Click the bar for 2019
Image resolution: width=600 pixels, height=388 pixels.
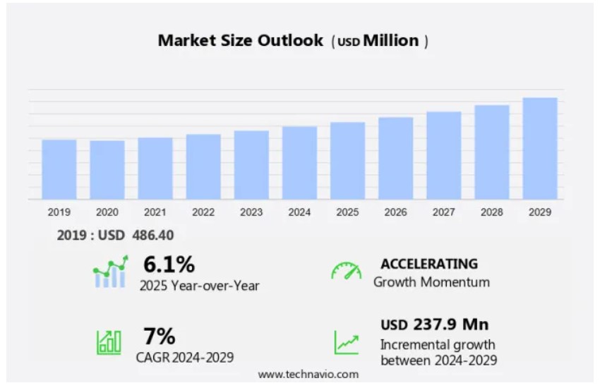click(59, 169)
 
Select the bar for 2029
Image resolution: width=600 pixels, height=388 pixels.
click(540, 148)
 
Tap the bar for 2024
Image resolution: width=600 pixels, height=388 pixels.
click(299, 162)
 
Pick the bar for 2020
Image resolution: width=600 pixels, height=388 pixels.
click(107, 170)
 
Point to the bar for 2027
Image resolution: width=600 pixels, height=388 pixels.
click(444, 155)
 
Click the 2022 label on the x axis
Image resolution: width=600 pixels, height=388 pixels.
click(203, 212)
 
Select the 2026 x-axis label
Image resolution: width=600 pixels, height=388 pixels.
click(395, 212)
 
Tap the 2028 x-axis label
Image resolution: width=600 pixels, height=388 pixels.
click(492, 212)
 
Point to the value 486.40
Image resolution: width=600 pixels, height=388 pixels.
click(153, 236)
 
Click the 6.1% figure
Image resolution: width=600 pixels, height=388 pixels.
click(169, 265)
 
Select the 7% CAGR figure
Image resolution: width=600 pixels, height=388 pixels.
click(159, 336)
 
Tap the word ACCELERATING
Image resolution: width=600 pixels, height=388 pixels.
click(429, 264)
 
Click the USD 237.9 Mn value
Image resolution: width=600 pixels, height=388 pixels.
click(435, 325)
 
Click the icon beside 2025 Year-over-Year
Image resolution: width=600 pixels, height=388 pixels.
click(110, 273)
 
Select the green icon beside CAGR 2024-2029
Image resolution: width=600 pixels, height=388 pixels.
click(109, 342)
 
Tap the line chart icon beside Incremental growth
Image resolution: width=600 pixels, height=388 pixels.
click(346, 342)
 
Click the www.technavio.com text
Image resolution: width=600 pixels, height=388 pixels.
click(308, 374)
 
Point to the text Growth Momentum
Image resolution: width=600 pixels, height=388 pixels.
click(431, 282)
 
